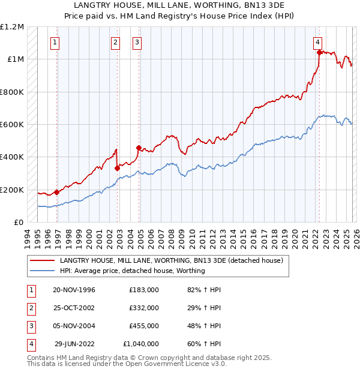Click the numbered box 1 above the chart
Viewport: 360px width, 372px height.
coord(55,42)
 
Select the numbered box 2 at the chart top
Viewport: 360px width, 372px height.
coord(115,42)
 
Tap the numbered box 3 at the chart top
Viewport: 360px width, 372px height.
coord(137,42)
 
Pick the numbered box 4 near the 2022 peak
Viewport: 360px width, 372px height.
coord(317,42)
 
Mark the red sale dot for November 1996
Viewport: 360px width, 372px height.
coord(57,192)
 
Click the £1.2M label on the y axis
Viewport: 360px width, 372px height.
coord(12,27)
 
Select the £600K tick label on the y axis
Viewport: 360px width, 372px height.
coord(12,125)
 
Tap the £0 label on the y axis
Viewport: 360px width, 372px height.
coord(19,223)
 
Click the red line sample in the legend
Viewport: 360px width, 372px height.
coord(42,260)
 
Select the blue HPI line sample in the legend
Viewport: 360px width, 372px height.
coord(42,271)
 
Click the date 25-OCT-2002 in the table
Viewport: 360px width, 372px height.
coord(74,307)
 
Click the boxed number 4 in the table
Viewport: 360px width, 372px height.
coord(30,344)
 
